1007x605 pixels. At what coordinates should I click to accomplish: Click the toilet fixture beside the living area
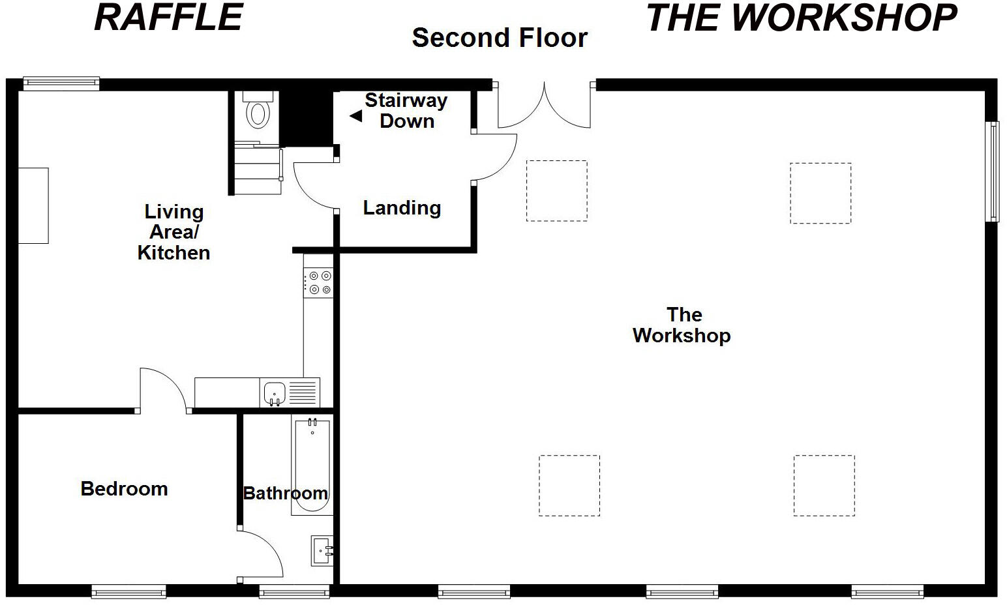[x=259, y=112]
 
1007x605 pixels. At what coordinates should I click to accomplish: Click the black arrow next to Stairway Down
[x=355, y=116]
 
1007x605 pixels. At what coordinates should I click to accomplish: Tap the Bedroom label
[x=124, y=489]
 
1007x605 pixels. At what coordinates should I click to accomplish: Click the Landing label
[x=402, y=208]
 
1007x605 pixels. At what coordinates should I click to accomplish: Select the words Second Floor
[x=500, y=38]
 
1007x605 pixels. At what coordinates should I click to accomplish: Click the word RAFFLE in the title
[x=169, y=18]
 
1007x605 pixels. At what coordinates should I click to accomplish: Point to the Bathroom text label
[x=285, y=493]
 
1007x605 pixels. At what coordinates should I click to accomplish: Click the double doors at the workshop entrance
[x=545, y=106]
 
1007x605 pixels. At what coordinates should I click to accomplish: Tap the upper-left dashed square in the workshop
[x=556, y=191]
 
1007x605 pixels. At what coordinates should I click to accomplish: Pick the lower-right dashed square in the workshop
[x=824, y=486]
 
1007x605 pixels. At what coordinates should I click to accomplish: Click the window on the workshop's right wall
[x=992, y=171]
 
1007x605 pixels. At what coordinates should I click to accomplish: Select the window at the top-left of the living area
[x=61, y=83]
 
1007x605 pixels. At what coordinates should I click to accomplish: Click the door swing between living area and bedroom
[x=164, y=390]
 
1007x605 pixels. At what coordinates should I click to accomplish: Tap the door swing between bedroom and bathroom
[x=260, y=553]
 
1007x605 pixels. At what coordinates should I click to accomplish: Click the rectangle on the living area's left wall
[x=33, y=205]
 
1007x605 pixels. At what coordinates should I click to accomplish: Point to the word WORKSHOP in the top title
[x=843, y=18]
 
